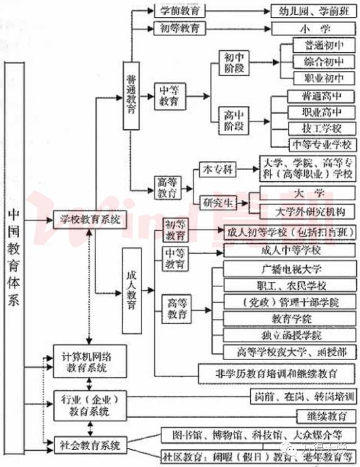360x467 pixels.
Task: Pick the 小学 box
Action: pos(313,28)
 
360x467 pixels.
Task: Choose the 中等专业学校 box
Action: pos(321,145)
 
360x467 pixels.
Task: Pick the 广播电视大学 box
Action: pos(289,269)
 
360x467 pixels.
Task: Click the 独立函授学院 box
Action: pos(289,335)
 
